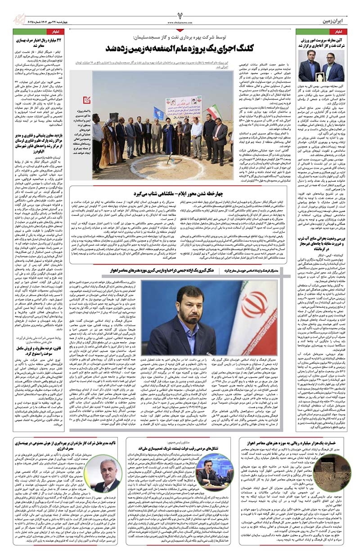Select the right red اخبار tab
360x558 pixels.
(339, 32)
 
